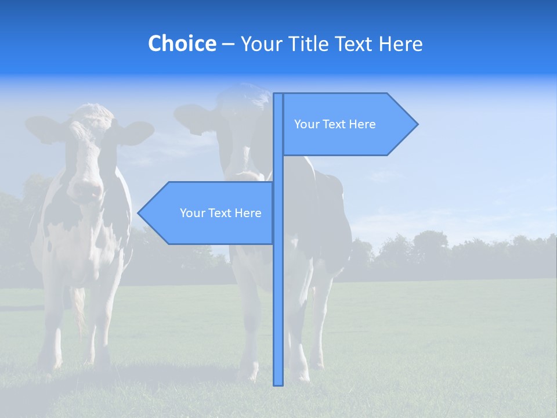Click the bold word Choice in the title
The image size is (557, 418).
click(x=182, y=44)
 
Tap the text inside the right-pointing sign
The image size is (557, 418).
click(x=335, y=124)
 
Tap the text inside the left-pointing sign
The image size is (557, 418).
click(x=220, y=213)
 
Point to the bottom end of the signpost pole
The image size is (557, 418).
click(x=278, y=383)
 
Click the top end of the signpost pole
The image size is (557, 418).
click(x=278, y=95)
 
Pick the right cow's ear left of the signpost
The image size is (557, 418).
click(x=194, y=117)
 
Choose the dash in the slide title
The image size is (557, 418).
click(x=228, y=44)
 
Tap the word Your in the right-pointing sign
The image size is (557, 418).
click(x=305, y=124)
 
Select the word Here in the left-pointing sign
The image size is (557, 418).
click(x=248, y=213)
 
